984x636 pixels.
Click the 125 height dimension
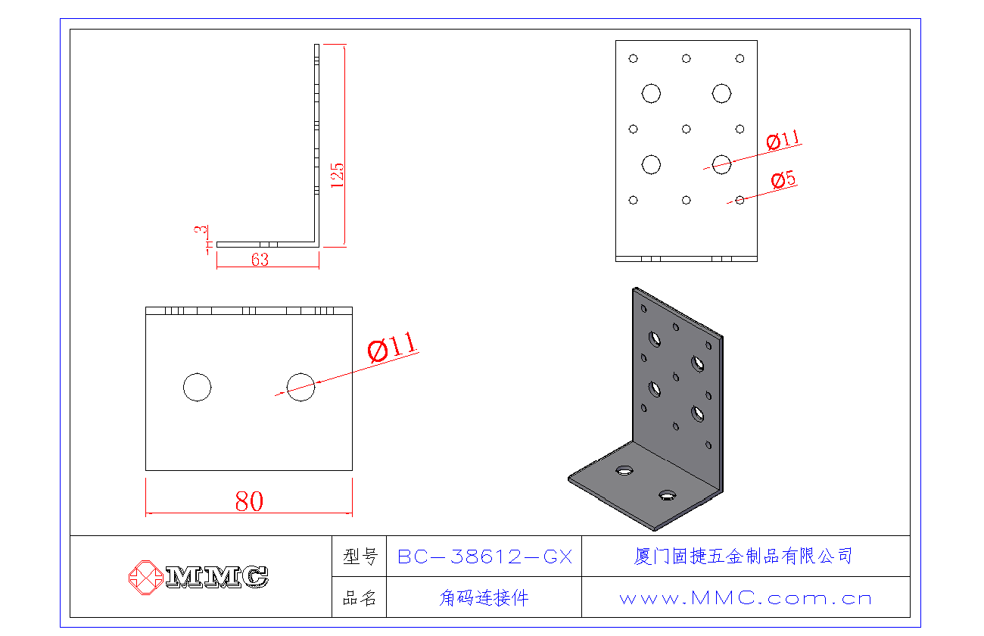338,175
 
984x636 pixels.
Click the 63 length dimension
260,260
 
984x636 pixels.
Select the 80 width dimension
249,501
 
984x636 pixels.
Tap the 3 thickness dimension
201,229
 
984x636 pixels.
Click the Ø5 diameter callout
783,180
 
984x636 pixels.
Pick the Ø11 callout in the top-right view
783,140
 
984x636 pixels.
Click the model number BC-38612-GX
484,557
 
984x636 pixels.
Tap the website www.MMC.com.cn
746,598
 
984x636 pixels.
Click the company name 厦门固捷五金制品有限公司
743,556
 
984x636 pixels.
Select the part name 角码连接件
484,598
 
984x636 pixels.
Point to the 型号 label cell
360,557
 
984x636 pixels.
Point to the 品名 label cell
360,598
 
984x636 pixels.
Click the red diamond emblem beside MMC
145,577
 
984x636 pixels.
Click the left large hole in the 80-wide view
197,387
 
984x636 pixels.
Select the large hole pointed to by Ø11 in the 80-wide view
300,387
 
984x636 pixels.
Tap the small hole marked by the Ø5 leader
740,200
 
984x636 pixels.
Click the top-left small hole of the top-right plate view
634,58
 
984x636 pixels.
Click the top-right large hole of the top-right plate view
721,93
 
